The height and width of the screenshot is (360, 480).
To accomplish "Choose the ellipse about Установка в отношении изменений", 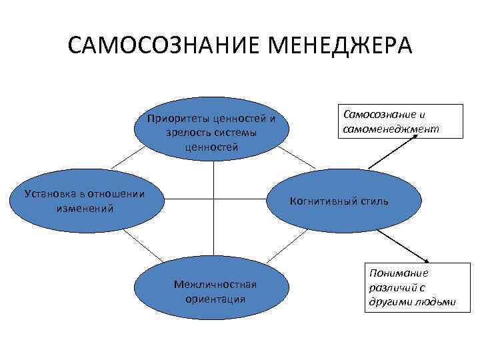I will [84, 201].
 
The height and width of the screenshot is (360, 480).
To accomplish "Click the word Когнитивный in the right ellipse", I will [323, 201].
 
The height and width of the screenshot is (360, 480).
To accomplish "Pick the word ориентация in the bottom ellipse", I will [215, 299].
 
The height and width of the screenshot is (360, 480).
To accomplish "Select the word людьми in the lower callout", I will [437, 301].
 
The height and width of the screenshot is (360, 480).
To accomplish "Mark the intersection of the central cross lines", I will [213, 199].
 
